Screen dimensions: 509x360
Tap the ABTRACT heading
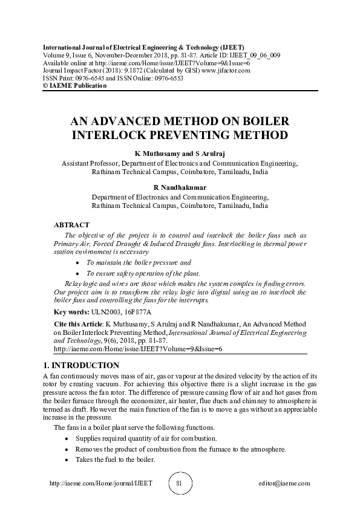coord(71,225)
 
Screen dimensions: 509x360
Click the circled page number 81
coord(179,484)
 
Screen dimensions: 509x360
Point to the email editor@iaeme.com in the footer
coord(284,484)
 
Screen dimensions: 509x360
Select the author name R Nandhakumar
coord(179,188)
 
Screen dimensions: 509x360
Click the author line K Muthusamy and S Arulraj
coord(179,155)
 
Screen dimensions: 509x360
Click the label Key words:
coord(70,312)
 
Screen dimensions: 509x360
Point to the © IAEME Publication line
coord(74,85)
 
